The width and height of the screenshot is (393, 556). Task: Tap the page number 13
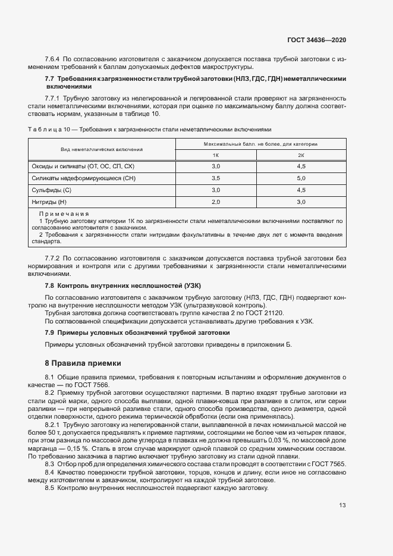coord(342,505)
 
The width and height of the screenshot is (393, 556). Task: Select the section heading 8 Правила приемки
coord(83,363)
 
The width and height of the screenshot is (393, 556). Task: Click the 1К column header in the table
coord(215,155)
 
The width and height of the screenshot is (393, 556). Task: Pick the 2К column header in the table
coord(301,155)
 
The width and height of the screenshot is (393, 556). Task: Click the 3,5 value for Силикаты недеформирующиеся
coord(215,178)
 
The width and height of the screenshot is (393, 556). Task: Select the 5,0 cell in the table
coord(301,178)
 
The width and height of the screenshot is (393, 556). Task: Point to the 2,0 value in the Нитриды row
coord(215,202)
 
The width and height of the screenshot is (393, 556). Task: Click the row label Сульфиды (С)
coord(52,190)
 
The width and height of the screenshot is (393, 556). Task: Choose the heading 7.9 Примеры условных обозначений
coord(137,332)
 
